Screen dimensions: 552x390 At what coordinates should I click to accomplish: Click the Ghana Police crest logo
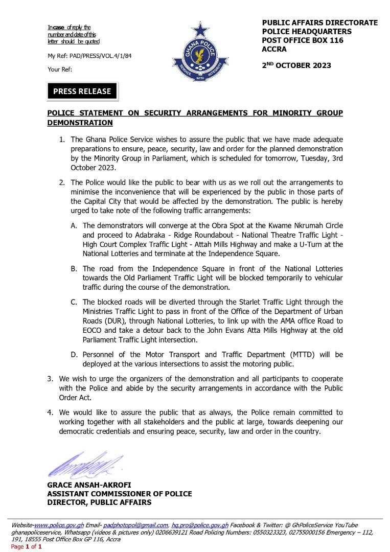pos(199,51)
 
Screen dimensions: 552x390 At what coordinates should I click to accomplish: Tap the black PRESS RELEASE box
pos(82,91)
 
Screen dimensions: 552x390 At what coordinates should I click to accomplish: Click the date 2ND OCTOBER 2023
pos(296,65)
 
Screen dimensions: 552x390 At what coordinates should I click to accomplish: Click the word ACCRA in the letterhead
pos(274,50)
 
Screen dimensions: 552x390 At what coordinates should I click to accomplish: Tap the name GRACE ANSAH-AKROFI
pos(84,485)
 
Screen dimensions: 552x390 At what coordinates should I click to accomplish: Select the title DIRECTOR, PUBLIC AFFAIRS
pos(99,502)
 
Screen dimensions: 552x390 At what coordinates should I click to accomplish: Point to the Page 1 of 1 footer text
pos(26,546)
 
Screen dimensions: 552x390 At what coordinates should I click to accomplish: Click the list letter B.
pos(73,269)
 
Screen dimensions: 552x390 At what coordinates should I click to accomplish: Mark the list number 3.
pos(50,379)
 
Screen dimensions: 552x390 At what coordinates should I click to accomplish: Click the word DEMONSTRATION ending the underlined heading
pos(80,123)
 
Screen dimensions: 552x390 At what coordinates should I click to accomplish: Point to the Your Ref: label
pos(60,68)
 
